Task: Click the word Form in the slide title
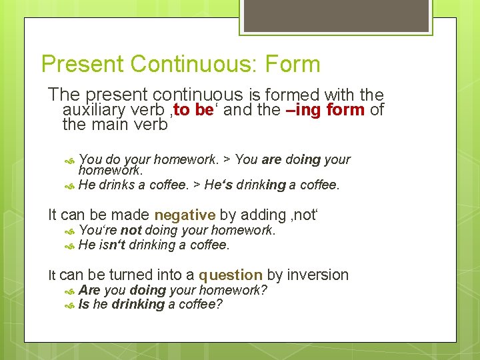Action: (293, 65)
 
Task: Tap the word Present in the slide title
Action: (83, 65)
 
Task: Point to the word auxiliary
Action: (93, 110)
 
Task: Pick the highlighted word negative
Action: (185, 215)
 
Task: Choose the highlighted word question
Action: (230, 275)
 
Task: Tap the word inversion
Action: (318, 275)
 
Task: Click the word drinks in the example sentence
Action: (119, 185)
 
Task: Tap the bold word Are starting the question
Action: (89, 290)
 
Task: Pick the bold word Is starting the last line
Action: (83, 305)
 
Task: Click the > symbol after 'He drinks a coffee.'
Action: (196, 185)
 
